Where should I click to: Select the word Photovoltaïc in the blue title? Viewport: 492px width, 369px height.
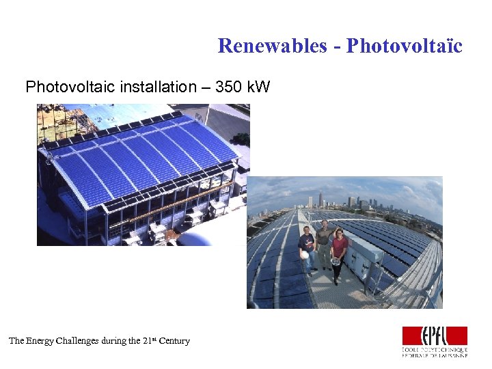[x=405, y=46]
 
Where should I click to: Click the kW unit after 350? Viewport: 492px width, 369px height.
[x=259, y=87]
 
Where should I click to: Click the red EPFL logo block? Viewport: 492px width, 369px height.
[x=435, y=336]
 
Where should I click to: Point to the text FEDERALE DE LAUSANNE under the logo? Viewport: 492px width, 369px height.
[x=435, y=355]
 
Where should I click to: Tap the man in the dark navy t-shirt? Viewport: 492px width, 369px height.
[x=307, y=248]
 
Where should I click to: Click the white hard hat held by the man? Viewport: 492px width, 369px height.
[x=303, y=255]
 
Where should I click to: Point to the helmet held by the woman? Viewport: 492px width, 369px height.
[x=336, y=262]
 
